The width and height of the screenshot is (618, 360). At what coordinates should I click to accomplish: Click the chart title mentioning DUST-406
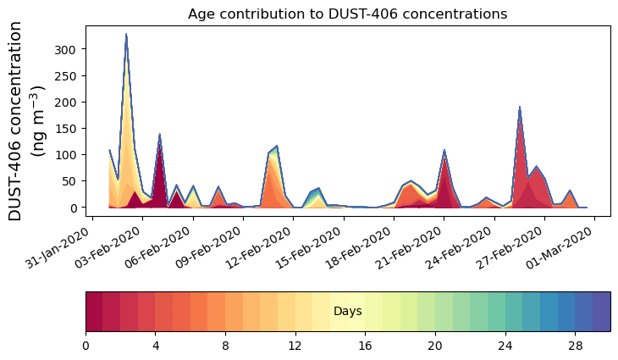[x=347, y=14]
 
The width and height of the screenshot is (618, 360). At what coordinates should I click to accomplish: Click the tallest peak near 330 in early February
[x=126, y=35]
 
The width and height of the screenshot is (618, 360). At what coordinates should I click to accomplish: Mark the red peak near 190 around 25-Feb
[x=519, y=108]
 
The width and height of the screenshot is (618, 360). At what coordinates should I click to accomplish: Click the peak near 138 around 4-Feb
[x=160, y=135]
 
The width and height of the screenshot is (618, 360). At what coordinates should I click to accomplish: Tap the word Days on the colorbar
[x=347, y=312]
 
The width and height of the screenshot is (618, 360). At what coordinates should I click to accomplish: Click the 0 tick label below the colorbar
[x=86, y=346]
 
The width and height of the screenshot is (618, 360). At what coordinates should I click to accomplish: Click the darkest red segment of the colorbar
[x=94, y=311]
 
